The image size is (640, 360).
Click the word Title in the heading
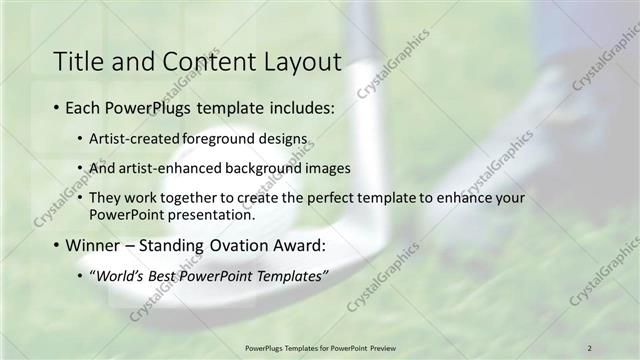click(x=77, y=62)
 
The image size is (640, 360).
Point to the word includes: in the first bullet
click(x=299, y=107)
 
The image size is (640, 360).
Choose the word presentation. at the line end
click(x=208, y=214)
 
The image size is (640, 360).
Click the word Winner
click(x=94, y=245)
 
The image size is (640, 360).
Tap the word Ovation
click(x=242, y=245)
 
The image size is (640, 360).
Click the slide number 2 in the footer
click(x=590, y=347)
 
